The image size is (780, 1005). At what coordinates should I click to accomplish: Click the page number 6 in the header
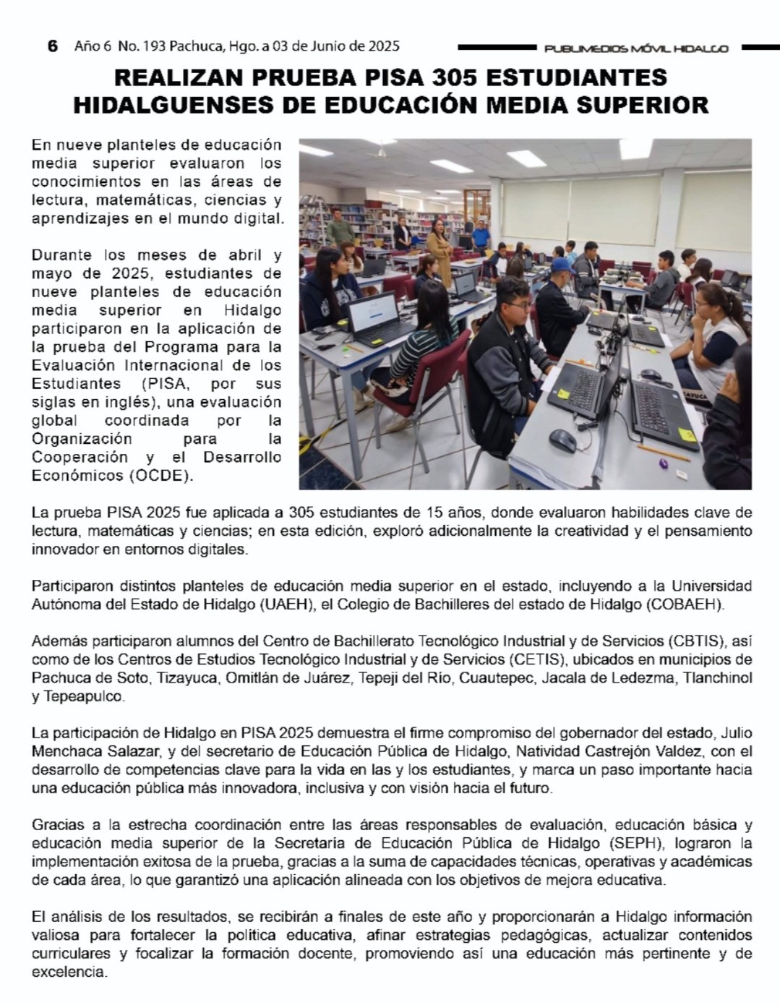(x=51, y=46)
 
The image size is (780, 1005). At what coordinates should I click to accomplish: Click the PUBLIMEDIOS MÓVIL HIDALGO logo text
(x=636, y=48)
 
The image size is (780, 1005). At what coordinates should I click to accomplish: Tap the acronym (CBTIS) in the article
(x=700, y=641)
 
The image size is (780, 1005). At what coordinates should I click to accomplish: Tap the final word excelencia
(x=69, y=972)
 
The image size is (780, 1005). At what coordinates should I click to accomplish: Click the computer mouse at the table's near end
(x=562, y=439)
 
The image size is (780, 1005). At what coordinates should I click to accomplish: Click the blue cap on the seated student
(x=561, y=265)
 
